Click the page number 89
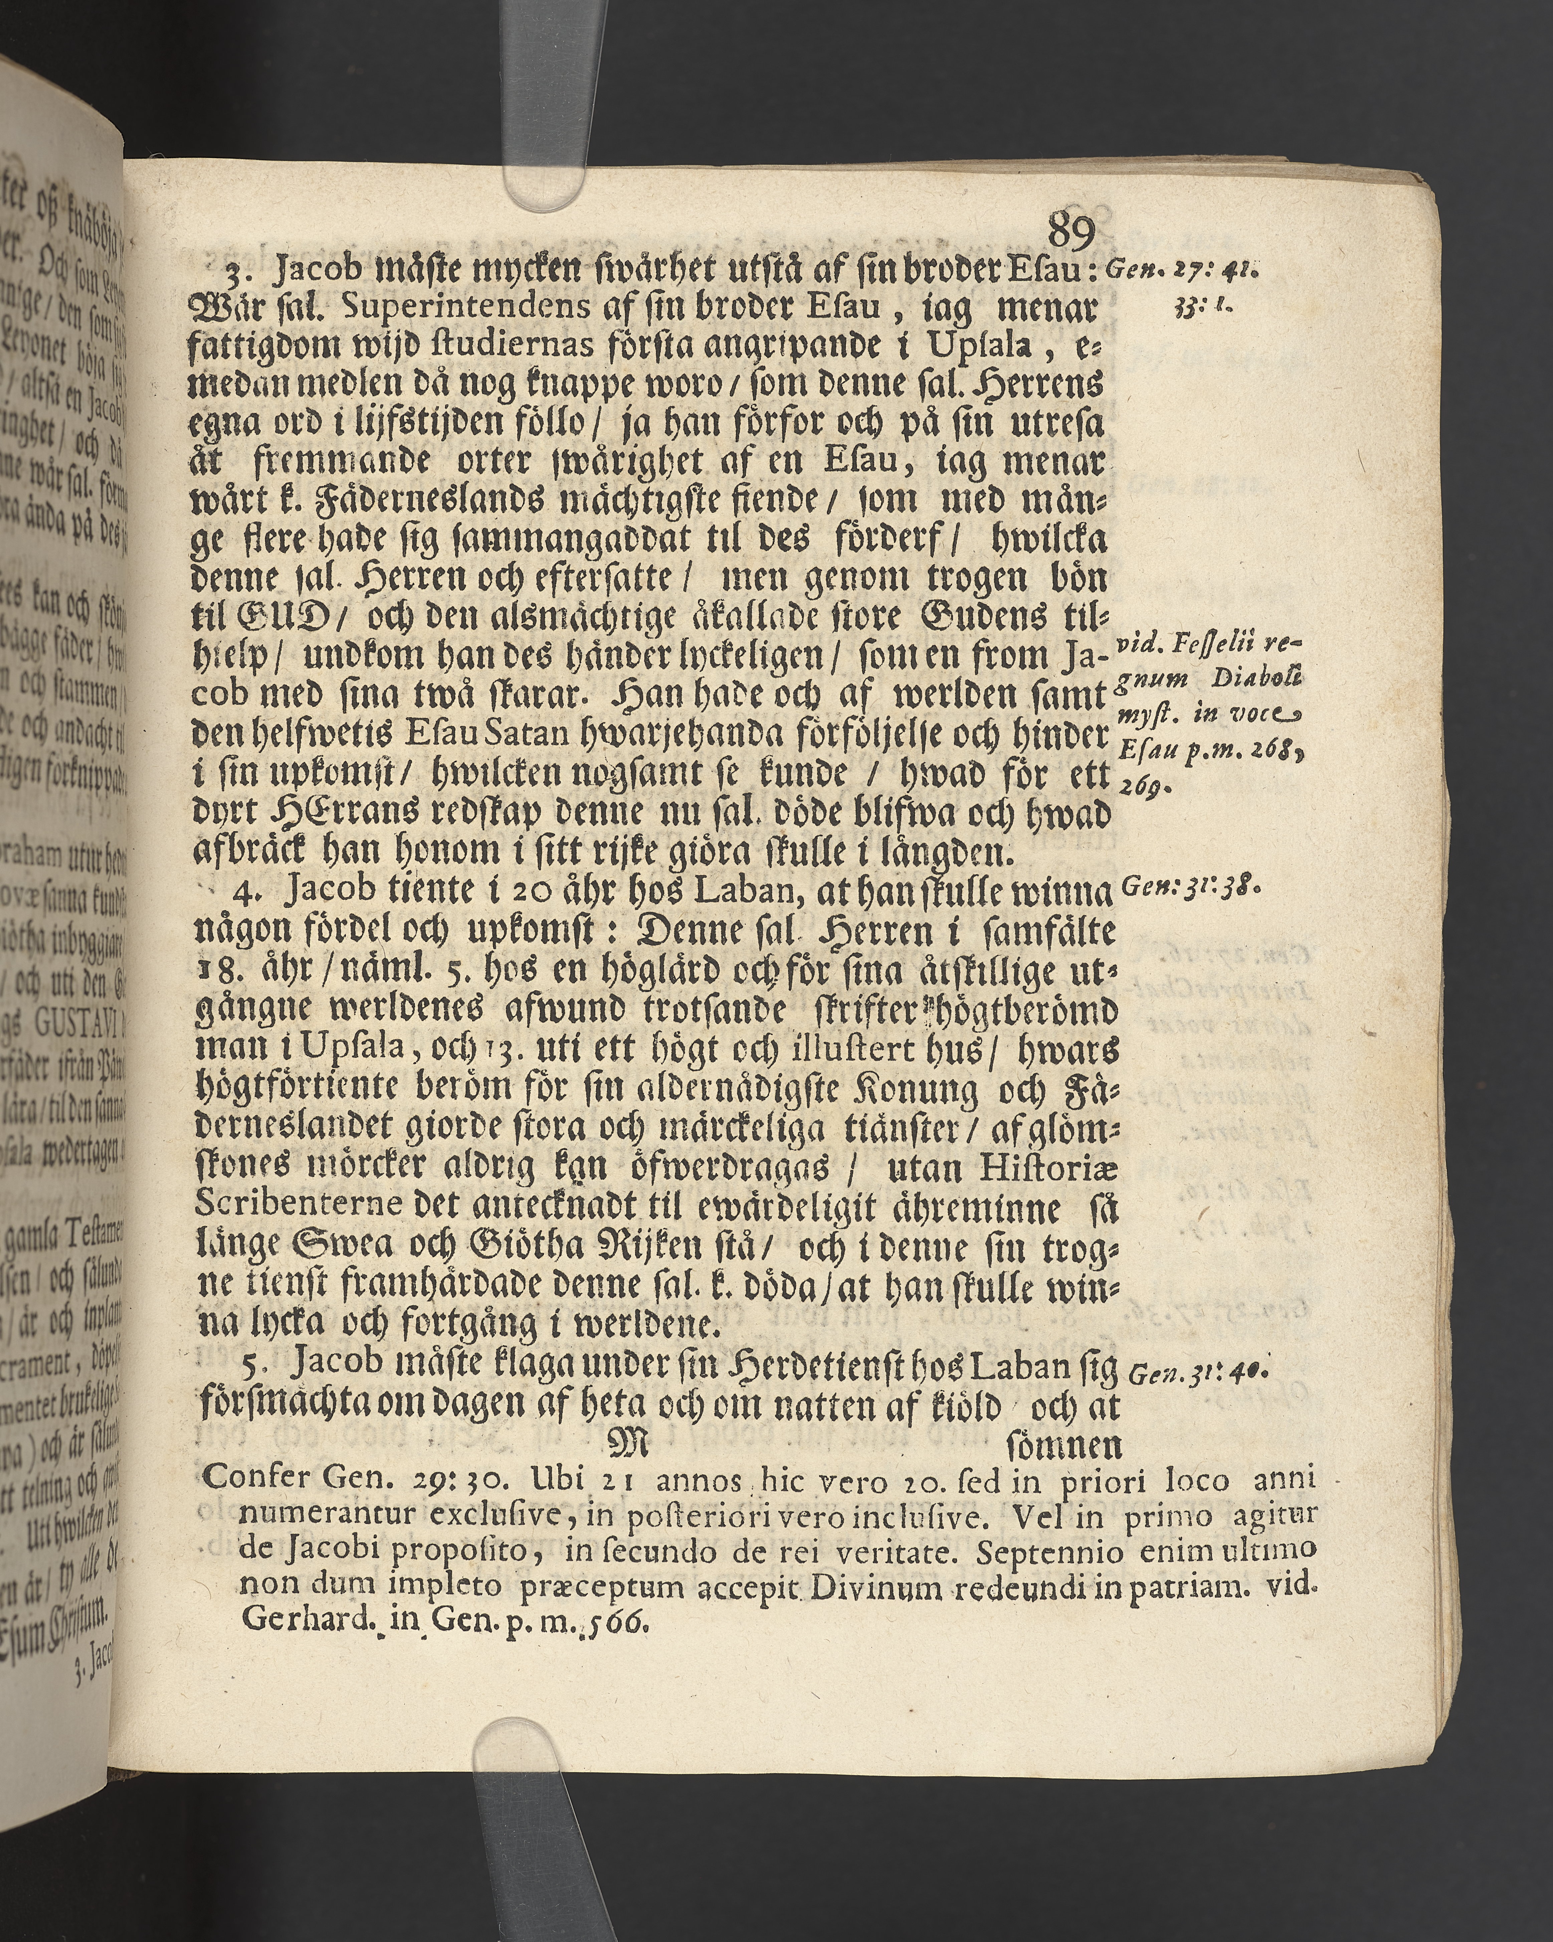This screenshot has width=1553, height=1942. [x=1071, y=233]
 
